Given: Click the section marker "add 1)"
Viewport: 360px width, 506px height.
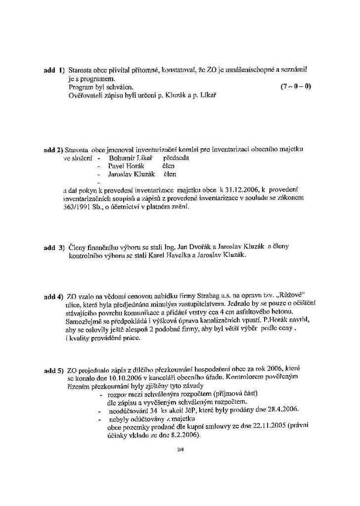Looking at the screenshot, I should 54,71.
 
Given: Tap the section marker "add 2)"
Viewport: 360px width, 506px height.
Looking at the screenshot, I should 53,149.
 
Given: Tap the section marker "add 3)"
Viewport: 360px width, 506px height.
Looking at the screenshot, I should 54,247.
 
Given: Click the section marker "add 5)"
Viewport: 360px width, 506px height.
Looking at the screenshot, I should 53,370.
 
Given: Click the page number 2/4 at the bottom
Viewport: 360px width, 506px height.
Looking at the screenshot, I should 180,450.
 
